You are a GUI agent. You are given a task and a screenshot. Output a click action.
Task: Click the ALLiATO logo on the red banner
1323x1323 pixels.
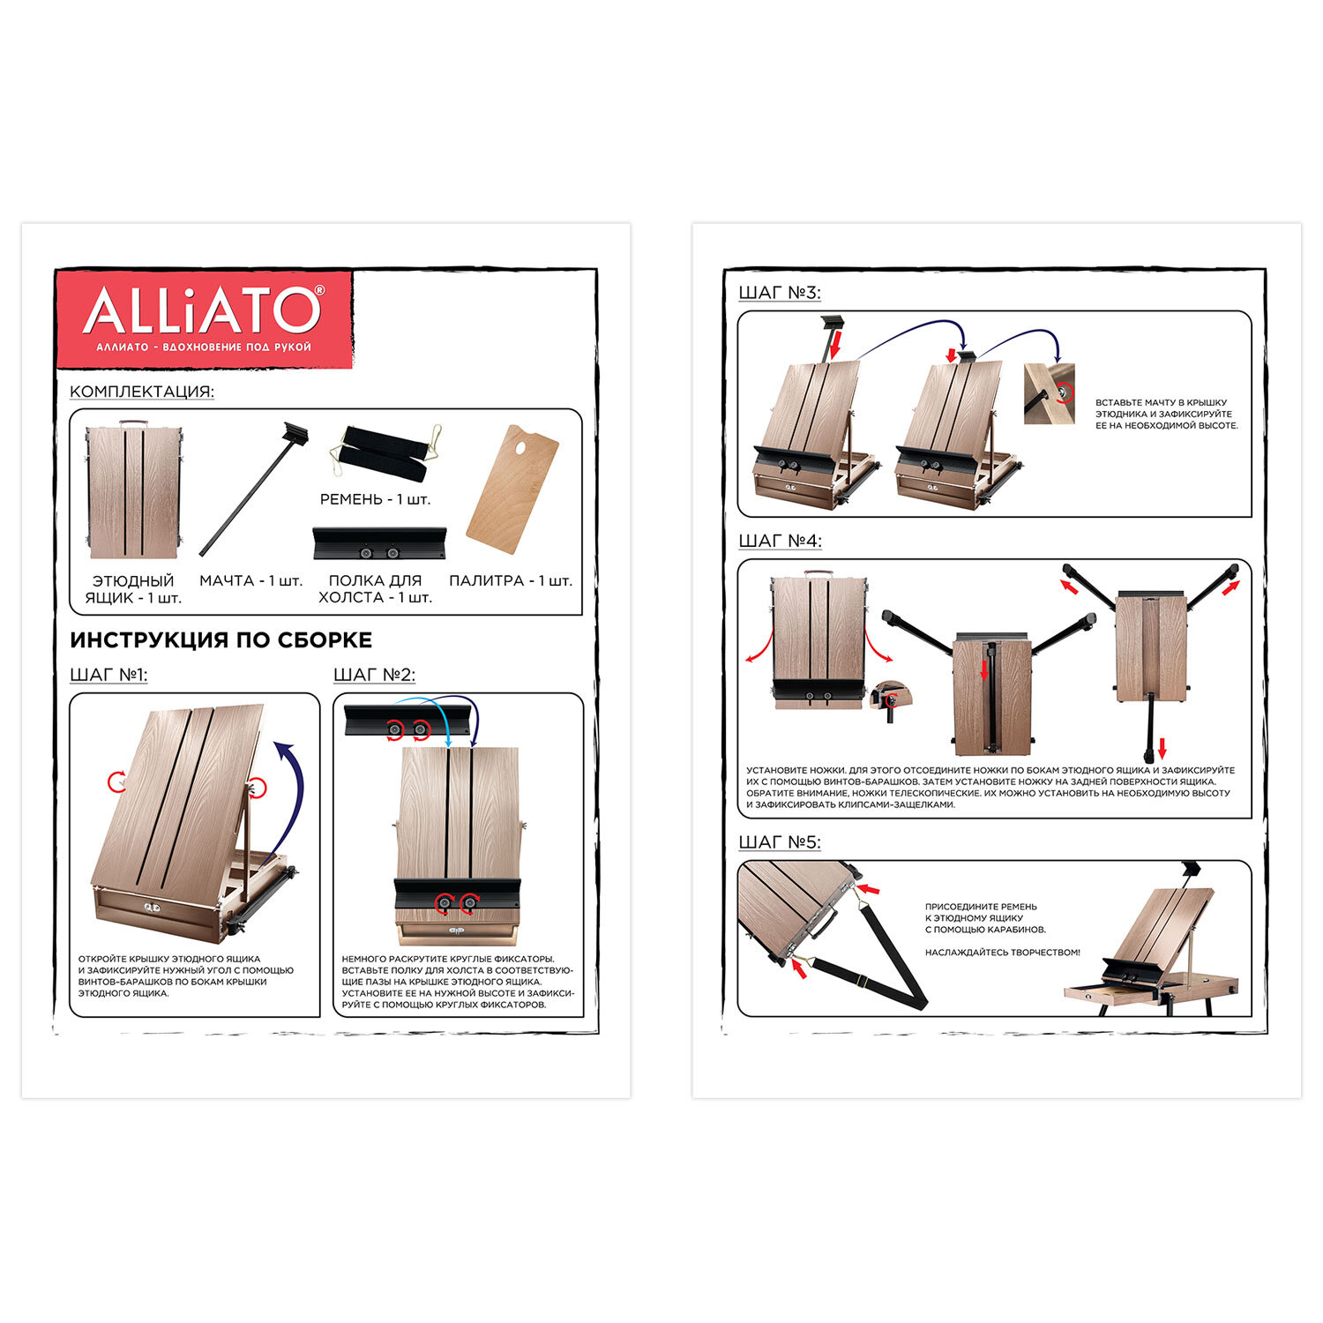point(204,310)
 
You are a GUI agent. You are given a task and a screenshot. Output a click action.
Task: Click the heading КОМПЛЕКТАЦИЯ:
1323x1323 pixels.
point(142,392)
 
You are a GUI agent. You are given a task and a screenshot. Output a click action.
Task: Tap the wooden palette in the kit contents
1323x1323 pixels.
point(512,489)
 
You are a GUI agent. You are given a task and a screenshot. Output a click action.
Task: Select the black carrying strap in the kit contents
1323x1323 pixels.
point(385,452)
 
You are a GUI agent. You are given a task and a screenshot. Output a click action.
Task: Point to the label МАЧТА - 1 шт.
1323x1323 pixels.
point(250,580)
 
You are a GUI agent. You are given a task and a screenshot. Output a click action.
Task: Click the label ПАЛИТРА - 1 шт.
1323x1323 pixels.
point(511,580)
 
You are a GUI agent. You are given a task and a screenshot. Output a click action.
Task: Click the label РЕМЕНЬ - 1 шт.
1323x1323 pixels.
point(375,499)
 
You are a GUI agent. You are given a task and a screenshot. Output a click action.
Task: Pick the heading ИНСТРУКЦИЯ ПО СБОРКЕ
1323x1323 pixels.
point(220,639)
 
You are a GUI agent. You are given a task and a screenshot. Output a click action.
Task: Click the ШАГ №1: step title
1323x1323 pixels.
point(108,675)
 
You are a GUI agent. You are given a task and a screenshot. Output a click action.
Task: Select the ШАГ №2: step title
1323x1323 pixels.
point(374,675)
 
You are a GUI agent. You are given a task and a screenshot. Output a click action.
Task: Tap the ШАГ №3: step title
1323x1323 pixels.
point(780,292)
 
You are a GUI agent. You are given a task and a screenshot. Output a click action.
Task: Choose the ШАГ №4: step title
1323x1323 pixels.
point(780,540)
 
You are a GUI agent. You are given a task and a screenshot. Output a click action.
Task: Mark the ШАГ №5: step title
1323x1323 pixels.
point(780,842)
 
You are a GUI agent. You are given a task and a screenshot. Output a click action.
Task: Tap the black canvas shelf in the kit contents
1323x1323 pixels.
point(379,543)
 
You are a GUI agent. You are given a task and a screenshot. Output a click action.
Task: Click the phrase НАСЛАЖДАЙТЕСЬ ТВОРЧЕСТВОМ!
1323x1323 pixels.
point(1002,953)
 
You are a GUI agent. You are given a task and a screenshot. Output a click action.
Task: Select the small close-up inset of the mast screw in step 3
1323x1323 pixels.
point(1050,393)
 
